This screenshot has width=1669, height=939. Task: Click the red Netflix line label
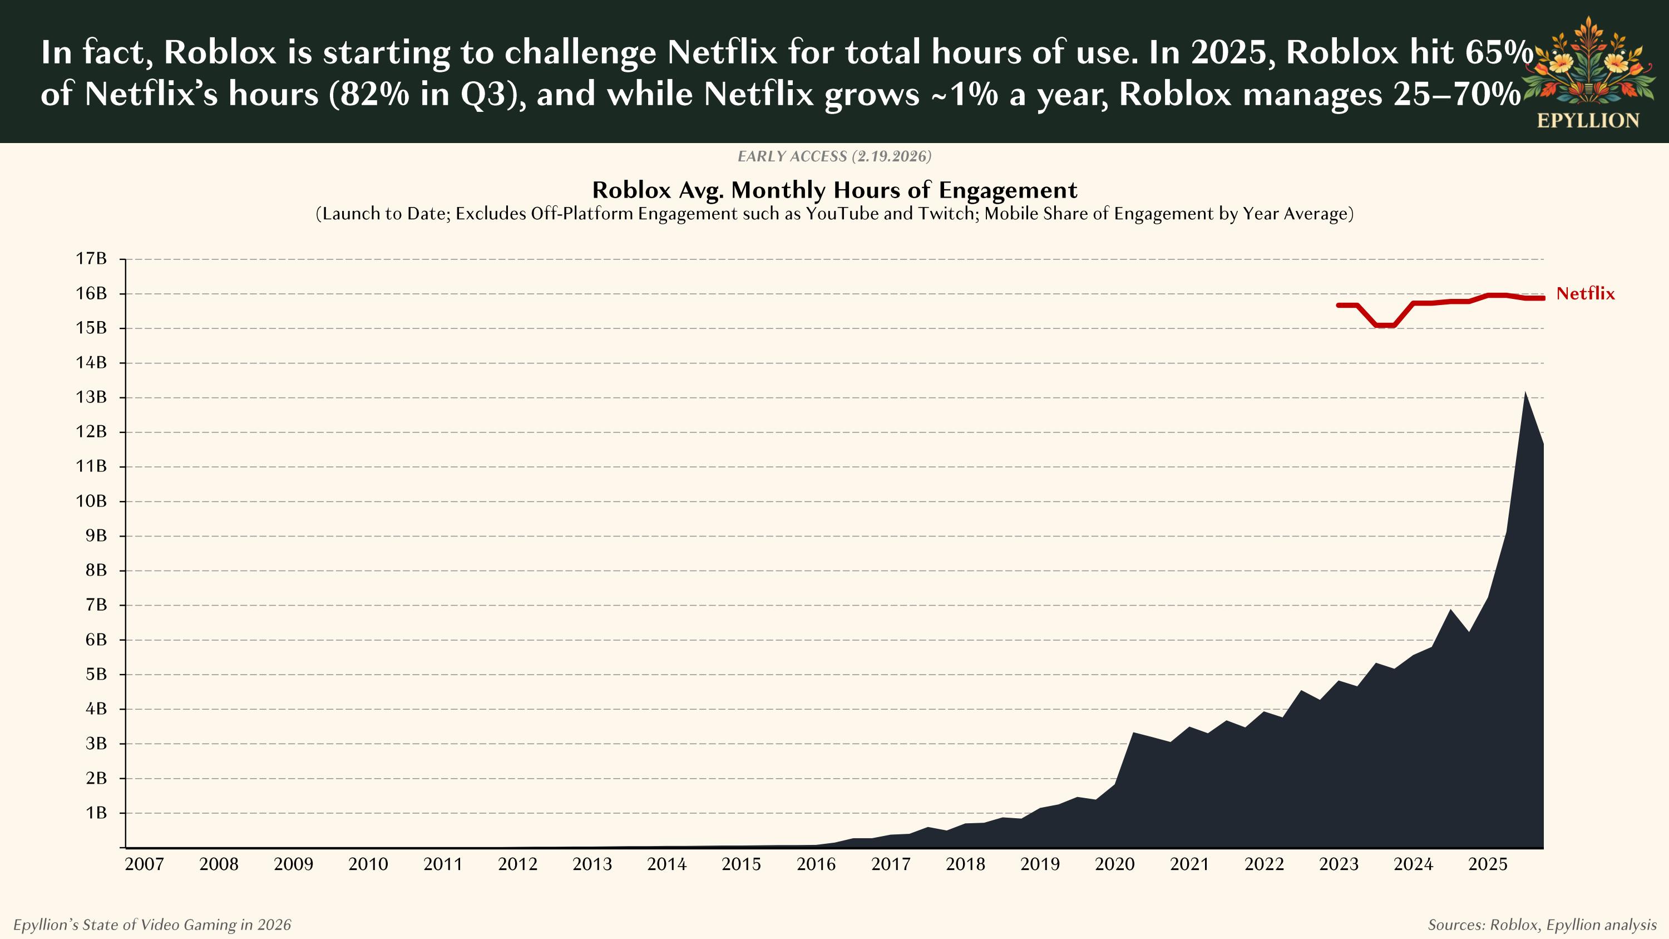[1585, 293]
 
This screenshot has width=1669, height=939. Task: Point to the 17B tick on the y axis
[91, 259]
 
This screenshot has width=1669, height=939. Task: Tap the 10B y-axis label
[91, 501]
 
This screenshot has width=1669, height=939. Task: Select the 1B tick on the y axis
[96, 813]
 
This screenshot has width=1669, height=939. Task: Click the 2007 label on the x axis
[144, 864]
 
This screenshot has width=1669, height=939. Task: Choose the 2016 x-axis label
[816, 864]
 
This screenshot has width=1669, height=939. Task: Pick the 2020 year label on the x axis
[1114, 864]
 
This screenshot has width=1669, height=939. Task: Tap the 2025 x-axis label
[1488, 864]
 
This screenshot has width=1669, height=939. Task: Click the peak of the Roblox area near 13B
[1525, 393]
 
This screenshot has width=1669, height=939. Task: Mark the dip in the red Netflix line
[1385, 325]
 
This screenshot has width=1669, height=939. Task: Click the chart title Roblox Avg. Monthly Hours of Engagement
[834, 190]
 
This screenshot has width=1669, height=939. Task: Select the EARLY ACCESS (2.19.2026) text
[834, 156]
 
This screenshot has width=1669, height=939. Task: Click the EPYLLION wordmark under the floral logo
[1587, 121]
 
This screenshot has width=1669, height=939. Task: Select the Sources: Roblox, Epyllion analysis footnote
[1542, 925]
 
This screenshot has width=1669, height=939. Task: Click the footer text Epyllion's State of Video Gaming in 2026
[152, 925]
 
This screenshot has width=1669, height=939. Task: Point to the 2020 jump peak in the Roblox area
[1133, 733]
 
